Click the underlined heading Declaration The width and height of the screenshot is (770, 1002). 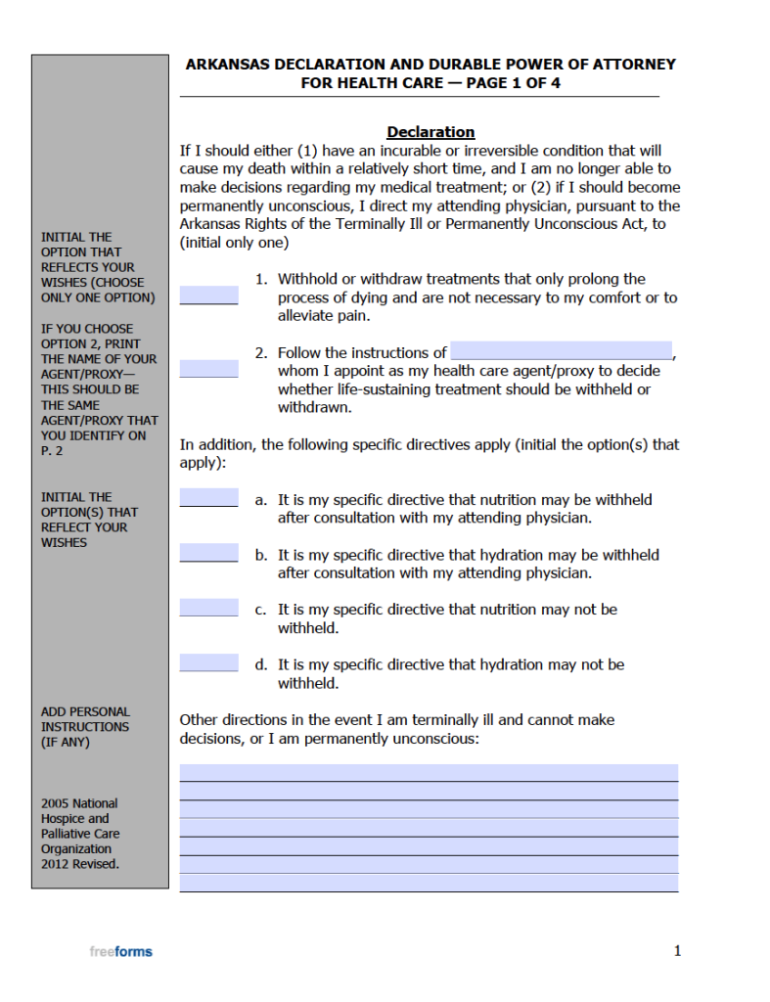point(430,132)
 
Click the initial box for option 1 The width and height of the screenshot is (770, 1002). point(208,295)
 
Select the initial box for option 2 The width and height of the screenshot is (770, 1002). point(208,368)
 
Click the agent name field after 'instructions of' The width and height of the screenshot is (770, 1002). point(561,351)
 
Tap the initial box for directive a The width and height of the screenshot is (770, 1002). point(208,498)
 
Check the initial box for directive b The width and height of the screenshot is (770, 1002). point(208,553)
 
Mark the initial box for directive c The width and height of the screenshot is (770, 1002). point(208,608)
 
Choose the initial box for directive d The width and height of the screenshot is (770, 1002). point(208,662)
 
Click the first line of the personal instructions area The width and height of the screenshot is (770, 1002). point(429,772)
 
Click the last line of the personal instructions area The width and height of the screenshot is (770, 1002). point(429,883)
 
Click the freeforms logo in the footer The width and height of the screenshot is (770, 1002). point(120,951)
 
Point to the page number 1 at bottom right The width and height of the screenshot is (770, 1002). point(677,950)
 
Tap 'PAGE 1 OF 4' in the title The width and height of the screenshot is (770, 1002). point(514,83)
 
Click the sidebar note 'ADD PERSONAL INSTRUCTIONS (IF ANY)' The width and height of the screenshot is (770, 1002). point(85,727)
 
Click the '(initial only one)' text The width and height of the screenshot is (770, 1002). point(234,243)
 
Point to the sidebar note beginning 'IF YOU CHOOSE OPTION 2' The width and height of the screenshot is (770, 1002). point(98,389)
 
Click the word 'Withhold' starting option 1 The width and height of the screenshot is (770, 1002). point(307,279)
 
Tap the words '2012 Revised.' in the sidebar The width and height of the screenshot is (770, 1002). point(80,864)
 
